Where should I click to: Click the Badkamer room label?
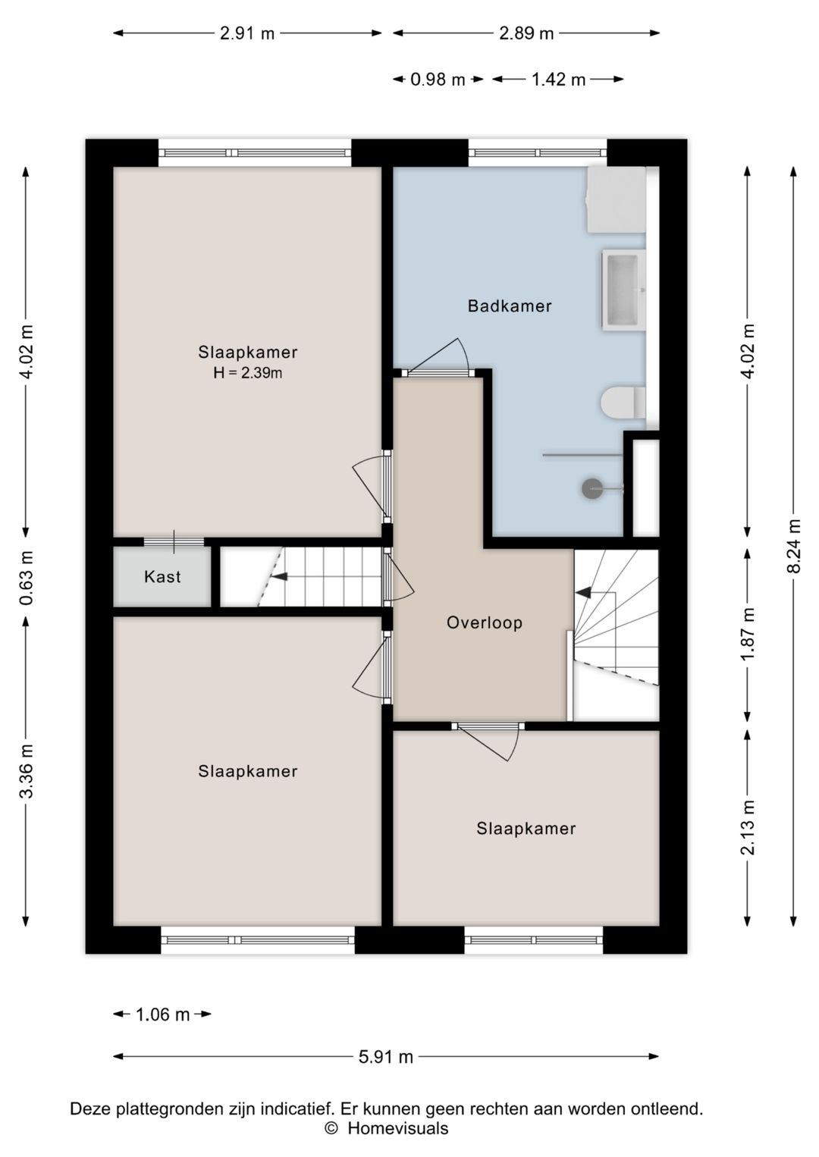[510, 306]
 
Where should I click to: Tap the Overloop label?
[484, 623]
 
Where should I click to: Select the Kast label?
[162, 576]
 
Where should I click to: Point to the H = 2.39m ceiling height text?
[247, 372]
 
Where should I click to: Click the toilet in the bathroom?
[623, 403]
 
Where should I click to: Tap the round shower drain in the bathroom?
[592, 488]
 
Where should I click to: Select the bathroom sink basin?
[623, 290]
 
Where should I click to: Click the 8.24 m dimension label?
[794, 546]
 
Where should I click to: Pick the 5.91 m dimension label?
[385, 1057]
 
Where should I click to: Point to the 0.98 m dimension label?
[438, 80]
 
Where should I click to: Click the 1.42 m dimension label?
[558, 80]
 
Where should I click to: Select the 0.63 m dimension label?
[26, 578]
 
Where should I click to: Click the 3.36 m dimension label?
[26, 771]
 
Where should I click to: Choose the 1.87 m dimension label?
[748, 633]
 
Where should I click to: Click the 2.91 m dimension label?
[247, 33]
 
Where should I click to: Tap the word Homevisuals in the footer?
[398, 1129]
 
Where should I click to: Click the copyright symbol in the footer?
[331, 1129]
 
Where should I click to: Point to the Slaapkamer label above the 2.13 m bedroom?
[526, 829]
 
